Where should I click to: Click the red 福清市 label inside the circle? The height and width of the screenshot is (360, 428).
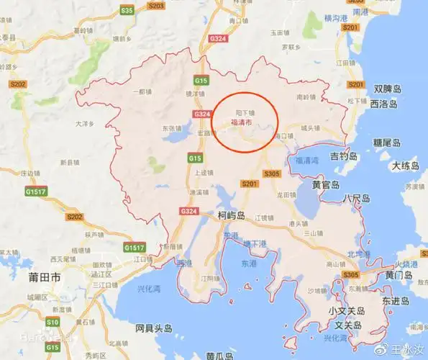point(242,123)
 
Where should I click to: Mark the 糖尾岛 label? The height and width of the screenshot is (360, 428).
point(386,143)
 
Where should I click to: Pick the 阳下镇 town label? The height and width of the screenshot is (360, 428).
point(245,113)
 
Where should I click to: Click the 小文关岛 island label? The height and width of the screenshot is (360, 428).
point(347,311)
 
